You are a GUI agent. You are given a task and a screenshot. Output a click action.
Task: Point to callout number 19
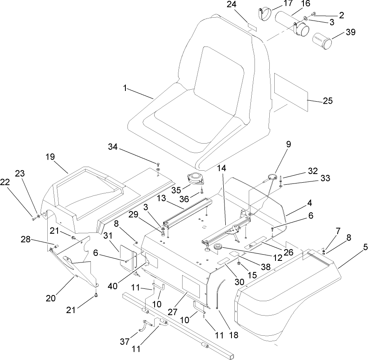(50, 157)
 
